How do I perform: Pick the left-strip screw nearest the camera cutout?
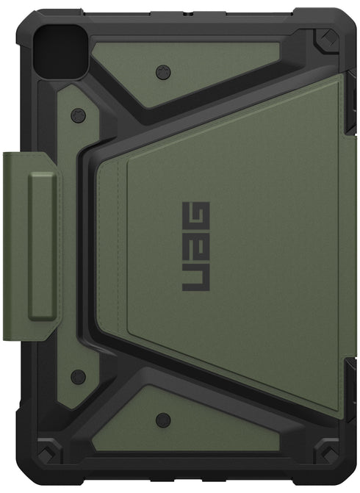point(77,116)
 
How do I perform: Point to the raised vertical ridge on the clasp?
point(43,247)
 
